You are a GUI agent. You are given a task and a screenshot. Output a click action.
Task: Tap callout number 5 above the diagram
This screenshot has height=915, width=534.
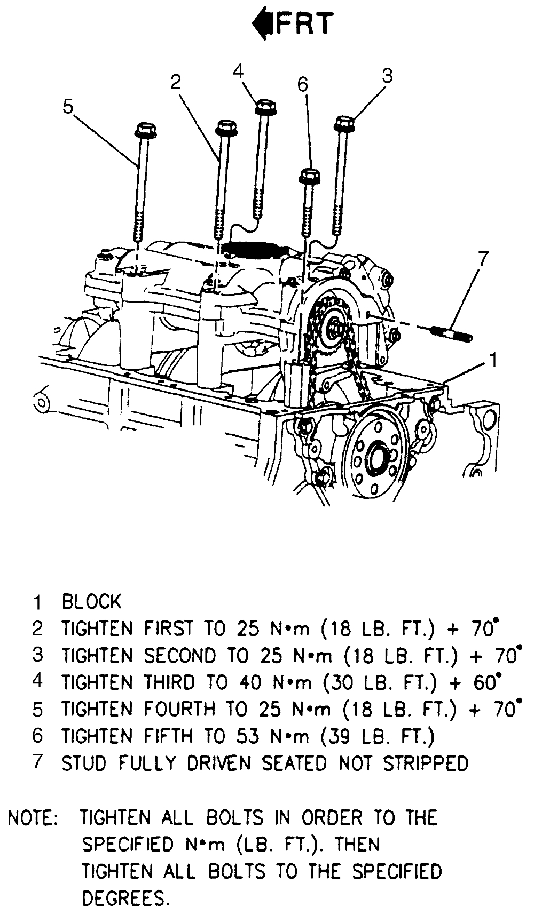(67, 106)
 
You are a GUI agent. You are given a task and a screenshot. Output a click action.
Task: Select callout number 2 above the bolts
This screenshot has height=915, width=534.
(176, 82)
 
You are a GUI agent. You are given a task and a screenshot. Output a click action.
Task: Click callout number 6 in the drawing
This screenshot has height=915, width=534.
(303, 84)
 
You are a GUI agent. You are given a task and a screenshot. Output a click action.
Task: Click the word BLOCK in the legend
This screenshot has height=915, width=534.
(92, 601)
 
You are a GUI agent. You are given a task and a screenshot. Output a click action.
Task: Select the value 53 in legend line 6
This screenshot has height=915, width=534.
(247, 736)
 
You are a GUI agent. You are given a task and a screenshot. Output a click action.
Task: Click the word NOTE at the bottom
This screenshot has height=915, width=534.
(33, 818)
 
